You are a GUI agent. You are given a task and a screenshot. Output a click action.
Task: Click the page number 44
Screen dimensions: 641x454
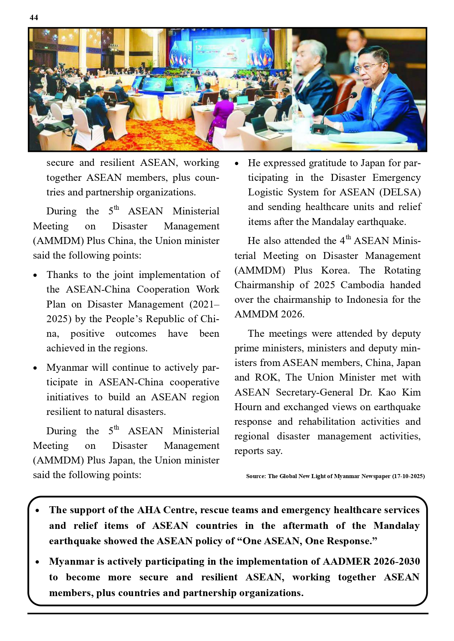(34, 18)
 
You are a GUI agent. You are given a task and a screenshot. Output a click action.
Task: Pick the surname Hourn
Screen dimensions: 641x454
(248, 407)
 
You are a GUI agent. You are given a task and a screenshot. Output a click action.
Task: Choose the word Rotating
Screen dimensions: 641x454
(402, 270)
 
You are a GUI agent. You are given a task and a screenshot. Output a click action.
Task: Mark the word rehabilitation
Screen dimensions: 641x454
(327, 421)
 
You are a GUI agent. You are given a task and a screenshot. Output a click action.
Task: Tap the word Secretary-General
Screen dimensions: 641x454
(315, 392)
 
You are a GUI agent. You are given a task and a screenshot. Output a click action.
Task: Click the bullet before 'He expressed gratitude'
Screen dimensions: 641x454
(237, 164)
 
